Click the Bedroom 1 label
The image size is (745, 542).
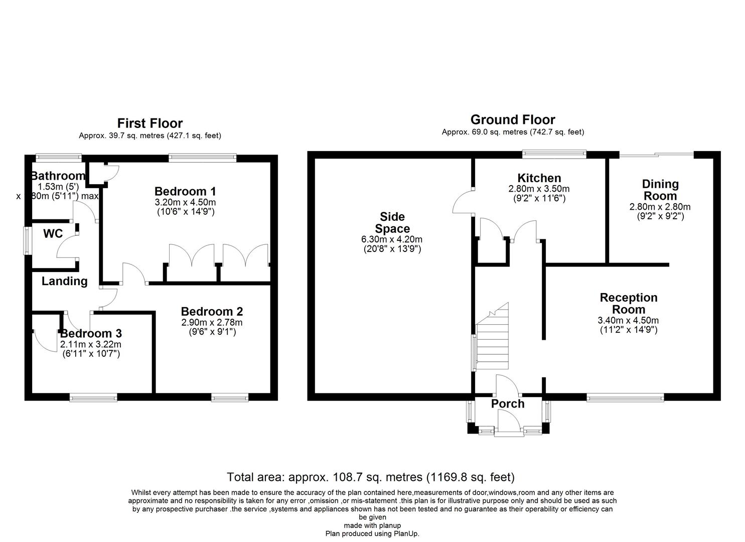(x=185, y=191)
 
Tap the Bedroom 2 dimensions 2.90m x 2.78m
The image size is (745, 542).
(x=212, y=322)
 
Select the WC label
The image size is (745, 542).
(x=53, y=233)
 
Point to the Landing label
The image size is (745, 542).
(x=65, y=281)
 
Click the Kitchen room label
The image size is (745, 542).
(x=539, y=178)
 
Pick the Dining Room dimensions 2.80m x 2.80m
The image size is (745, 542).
(x=660, y=207)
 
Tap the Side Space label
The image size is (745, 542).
(x=392, y=223)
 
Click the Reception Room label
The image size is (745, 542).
(x=629, y=304)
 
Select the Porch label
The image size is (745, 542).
(x=508, y=403)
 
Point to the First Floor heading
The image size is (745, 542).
(x=150, y=123)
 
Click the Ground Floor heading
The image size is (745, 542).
(x=513, y=119)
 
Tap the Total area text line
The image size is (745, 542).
(x=371, y=477)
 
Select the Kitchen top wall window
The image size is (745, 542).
(x=554, y=154)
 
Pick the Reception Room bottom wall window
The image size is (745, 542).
(x=625, y=398)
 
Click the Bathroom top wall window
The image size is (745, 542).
(x=59, y=158)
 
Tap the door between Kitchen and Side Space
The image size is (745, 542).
(x=463, y=202)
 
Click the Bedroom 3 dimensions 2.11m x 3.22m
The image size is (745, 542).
(x=91, y=344)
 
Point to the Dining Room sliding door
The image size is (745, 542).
(x=657, y=155)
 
